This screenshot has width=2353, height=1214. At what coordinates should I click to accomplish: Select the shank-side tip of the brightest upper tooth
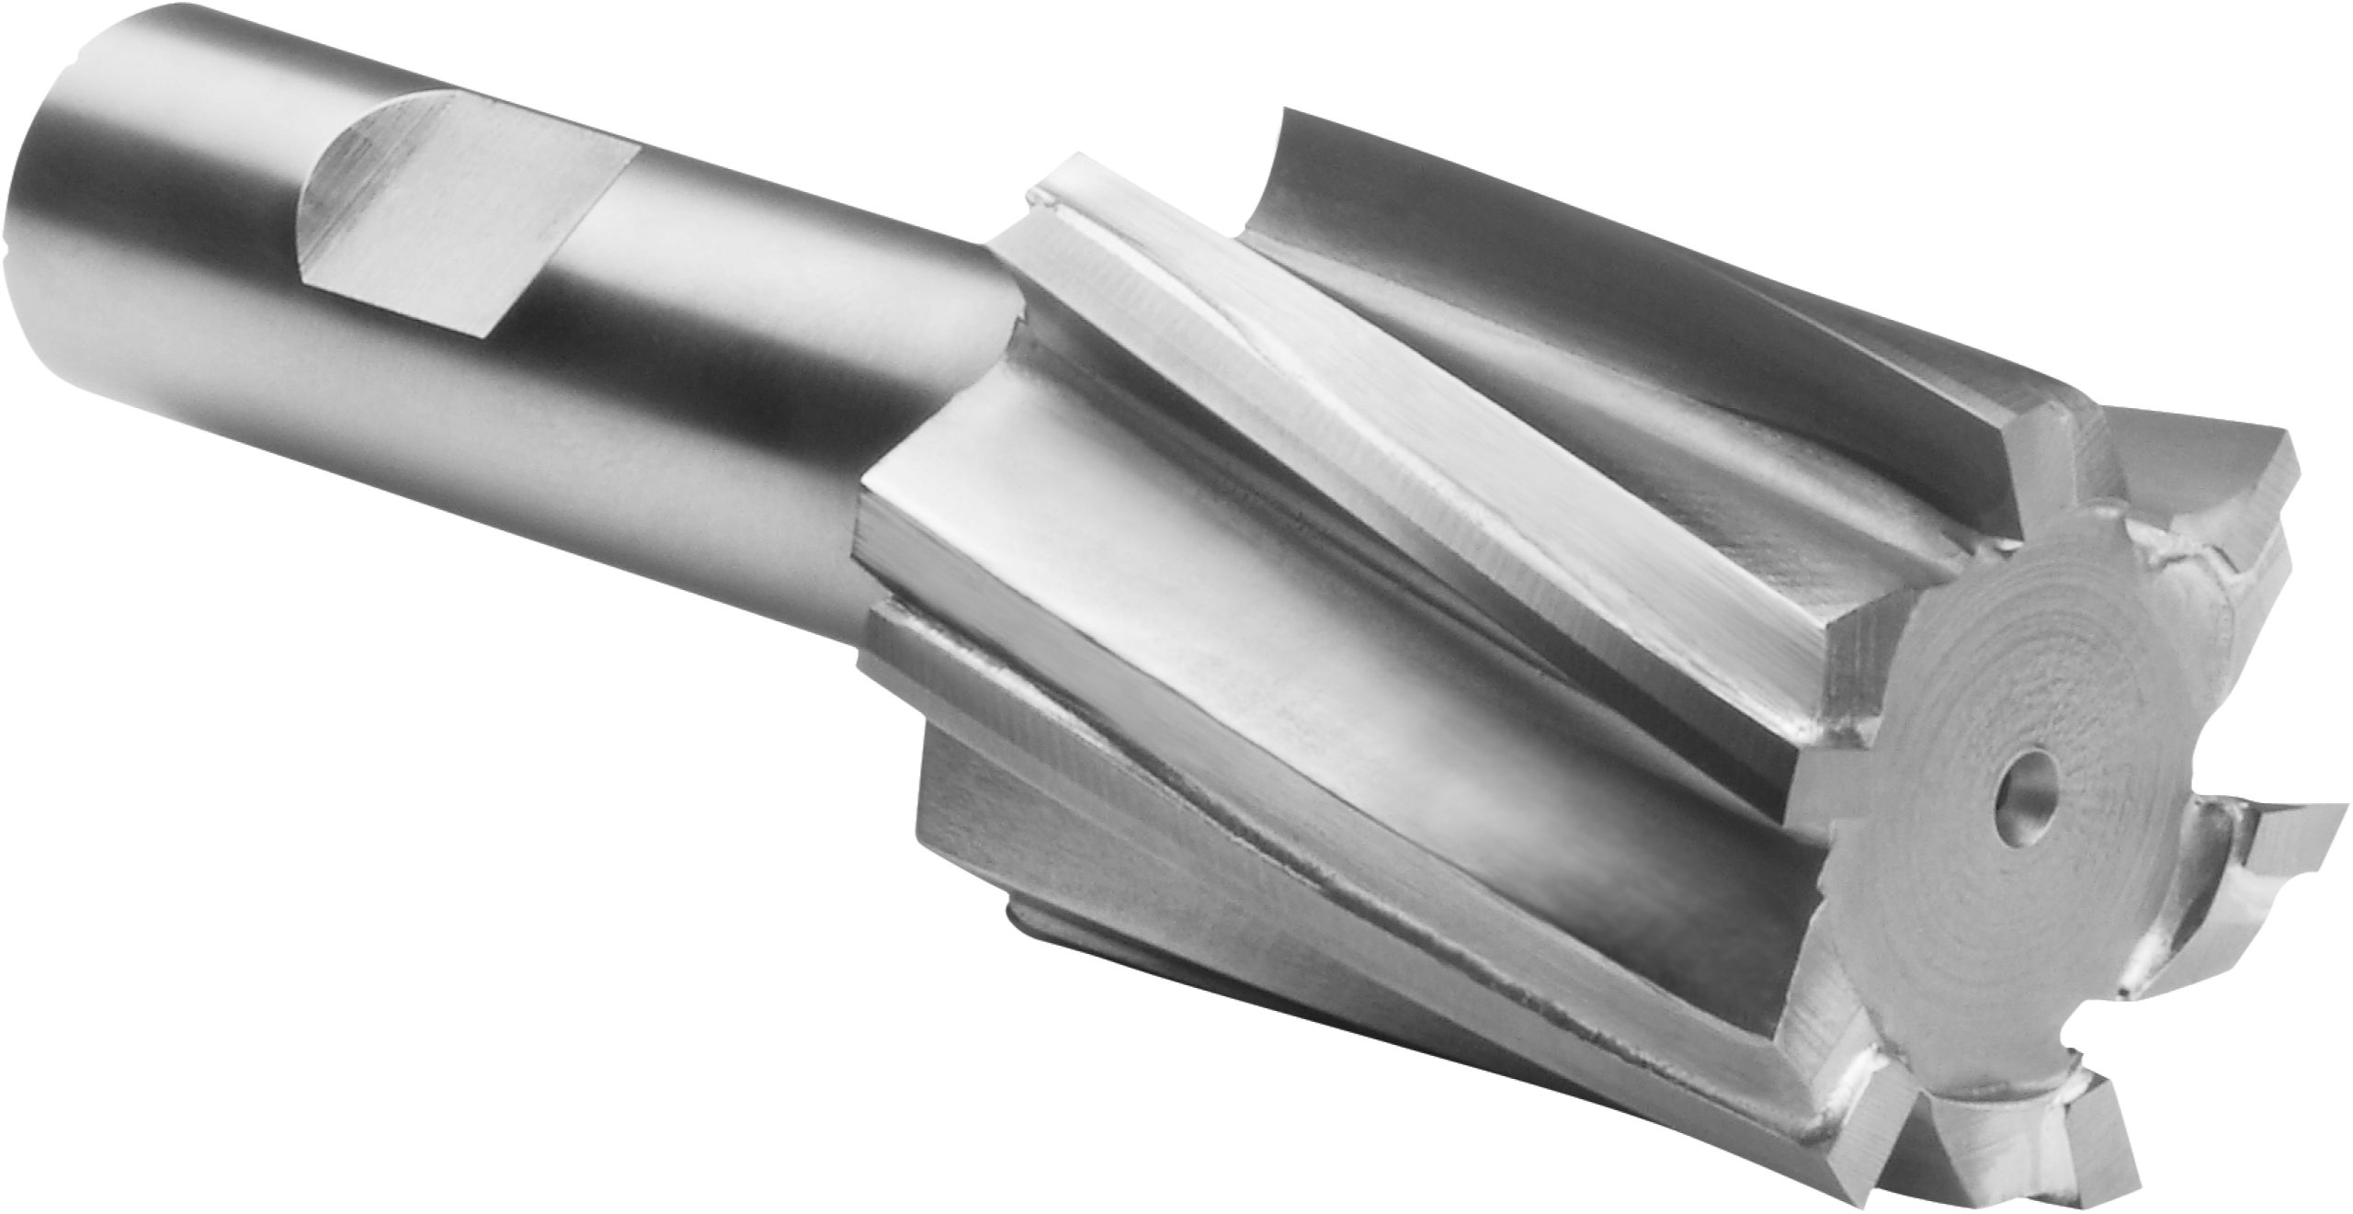pos(1057,184)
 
